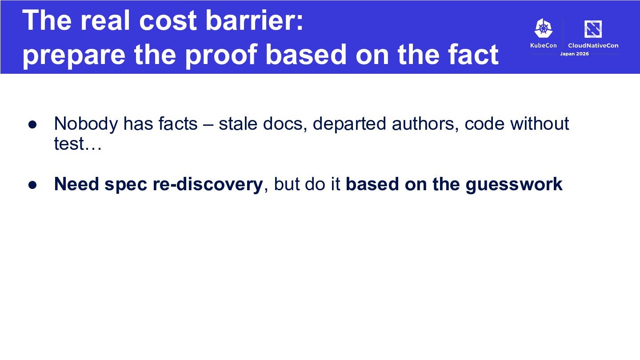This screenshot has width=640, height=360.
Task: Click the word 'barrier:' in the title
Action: tap(254, 20)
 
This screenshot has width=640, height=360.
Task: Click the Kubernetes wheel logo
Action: tap(544, 28)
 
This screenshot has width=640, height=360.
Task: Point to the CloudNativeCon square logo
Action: tap(593, 29)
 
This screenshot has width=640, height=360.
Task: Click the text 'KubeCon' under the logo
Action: tap(544, 45)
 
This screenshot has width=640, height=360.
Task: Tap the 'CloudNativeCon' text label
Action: tap(593, 45)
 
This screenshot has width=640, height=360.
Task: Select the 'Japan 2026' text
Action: tap(574, 54)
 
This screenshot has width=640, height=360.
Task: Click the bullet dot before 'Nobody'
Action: tap(32, 124)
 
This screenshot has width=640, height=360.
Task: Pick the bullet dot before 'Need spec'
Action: tap(32, 185)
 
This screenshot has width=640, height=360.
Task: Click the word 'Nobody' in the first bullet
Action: tap(86, 124)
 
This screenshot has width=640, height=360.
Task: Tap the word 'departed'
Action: tap(349, 124)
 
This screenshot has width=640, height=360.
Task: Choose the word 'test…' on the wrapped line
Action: tap(78, 144)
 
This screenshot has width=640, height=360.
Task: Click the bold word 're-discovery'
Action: tap(208, 184)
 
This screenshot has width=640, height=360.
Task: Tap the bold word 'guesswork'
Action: tap(514, 184)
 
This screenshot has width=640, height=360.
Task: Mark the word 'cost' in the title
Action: tap(168, 21)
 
